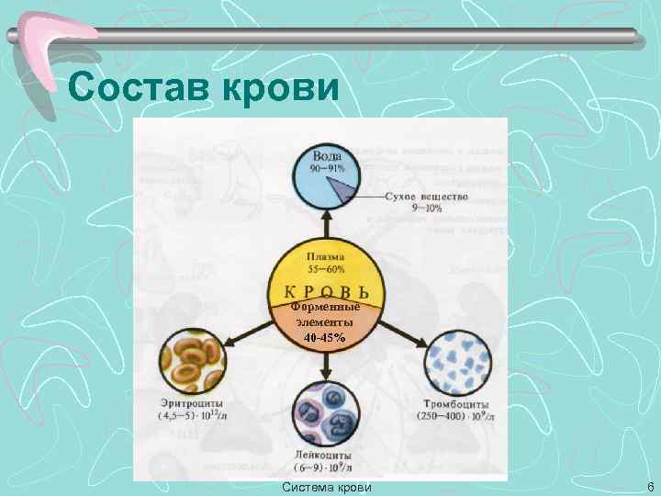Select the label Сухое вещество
[426, 197]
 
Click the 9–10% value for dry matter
[426, 209]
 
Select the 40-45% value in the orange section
[324, 338]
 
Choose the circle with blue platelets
[457, 362]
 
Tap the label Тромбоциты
[457, 405]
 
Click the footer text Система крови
[328, 486]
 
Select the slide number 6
[650, 486]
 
